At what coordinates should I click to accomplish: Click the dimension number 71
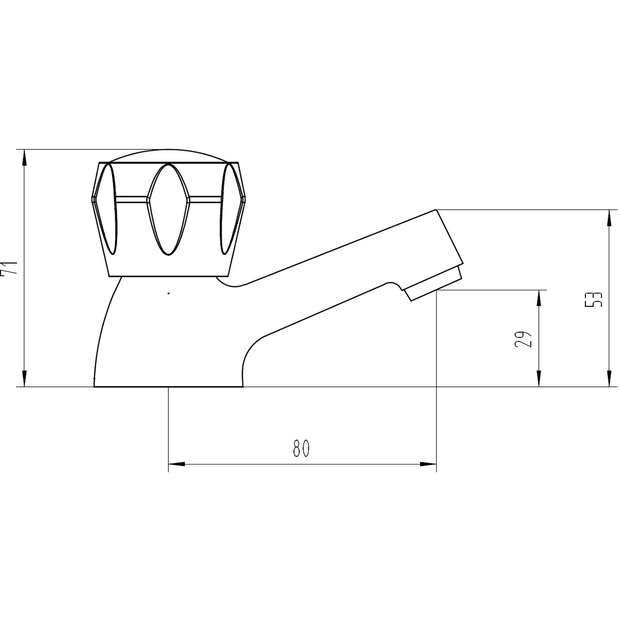point(8,267)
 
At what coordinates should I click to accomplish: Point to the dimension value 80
point(301,448)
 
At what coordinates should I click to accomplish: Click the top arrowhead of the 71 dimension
point(24,158)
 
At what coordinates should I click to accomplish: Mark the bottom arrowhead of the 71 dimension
point(24,378)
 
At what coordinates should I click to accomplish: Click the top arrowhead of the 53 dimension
point(609,218)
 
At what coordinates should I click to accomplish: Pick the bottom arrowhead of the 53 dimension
point(609,378)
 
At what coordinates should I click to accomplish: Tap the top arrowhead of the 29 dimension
point(539,298)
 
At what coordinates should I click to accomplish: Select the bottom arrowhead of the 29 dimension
point(539,378)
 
